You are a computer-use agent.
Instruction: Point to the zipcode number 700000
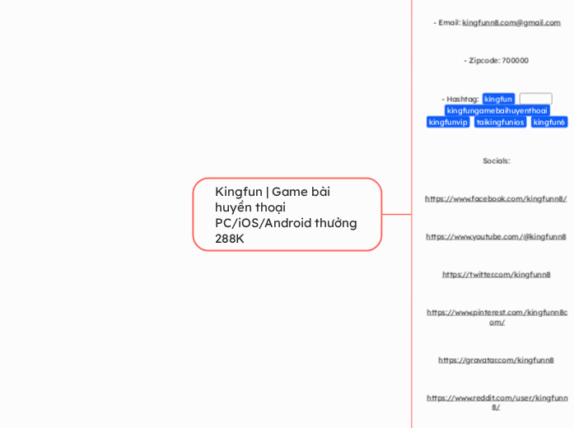515,61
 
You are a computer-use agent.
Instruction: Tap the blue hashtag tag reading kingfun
498,100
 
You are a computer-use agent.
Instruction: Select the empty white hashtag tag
535,100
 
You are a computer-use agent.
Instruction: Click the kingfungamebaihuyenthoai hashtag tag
497,111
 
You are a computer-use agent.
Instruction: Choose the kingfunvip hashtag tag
448,123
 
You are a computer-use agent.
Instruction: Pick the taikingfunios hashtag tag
500,123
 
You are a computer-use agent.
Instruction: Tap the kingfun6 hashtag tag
548,123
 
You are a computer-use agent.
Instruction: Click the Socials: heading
496,161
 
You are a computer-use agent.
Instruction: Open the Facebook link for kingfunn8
496,199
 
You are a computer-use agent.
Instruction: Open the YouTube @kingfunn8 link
496,237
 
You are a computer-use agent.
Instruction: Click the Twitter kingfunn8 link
496,275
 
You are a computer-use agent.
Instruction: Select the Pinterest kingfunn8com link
496,317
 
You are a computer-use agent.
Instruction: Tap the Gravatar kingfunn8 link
496,361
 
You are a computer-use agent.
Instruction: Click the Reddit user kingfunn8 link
496,402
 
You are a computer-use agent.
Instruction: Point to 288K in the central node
230,239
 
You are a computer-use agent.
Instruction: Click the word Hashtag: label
463,100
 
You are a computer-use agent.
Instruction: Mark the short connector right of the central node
397,215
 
